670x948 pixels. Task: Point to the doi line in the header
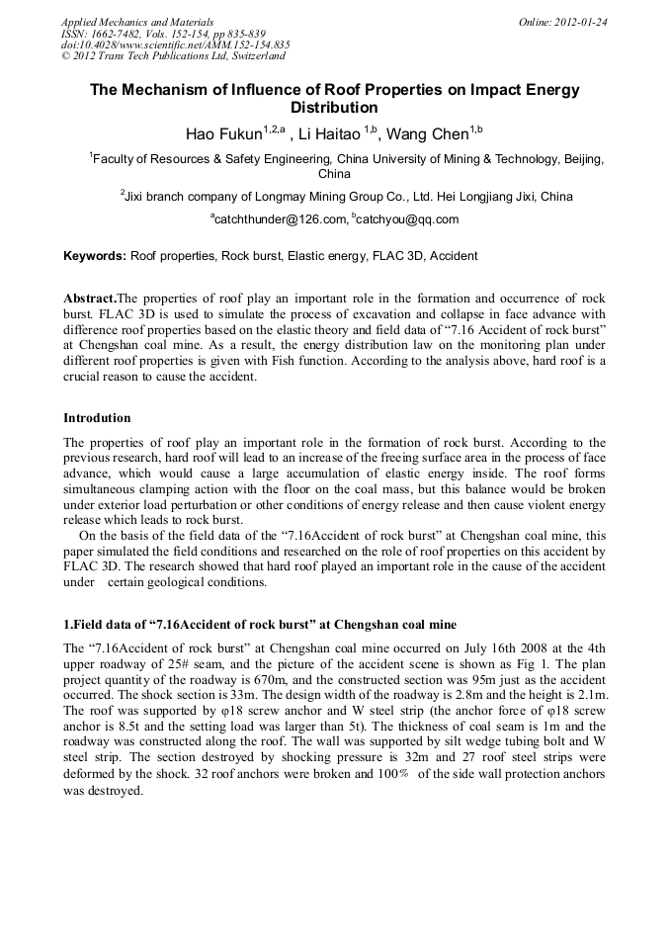point(176,44)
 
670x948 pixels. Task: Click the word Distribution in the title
point(334,107)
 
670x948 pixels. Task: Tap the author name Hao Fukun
point(222,133)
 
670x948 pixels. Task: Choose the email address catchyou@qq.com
point(408,219)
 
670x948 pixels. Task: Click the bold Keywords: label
point(95,256)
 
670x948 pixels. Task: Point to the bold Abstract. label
point(90,299)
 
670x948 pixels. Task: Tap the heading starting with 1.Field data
point(259,625)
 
